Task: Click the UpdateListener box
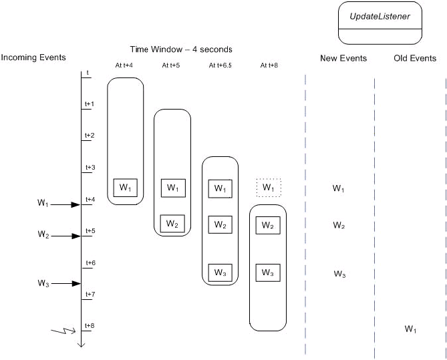click(x=380, y=23)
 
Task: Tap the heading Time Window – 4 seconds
click(x=181, y=49)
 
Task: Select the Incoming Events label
click(x=33, y=57)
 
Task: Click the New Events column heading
click(x=343, y=58)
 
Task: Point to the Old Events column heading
click(x=415, y=58)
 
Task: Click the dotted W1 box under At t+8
click(x=268, y=188)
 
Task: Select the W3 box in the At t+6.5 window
click(x=220, y=273)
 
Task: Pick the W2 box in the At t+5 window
click(x=172, y=223)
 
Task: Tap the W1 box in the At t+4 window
click(x=125, y=188)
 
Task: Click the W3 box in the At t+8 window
click(x=267, y=273)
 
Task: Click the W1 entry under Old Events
click(x=411, y=329)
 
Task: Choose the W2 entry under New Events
click(x=339, y=225)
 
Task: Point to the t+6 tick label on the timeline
click(x=90, y=262)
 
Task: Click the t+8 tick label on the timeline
click(x=90, y=325)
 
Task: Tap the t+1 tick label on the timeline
click(x=90, y=104)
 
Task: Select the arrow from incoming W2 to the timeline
click(x=66, y=236)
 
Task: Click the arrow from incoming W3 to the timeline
click(x=66, y=283)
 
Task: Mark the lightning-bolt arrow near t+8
click(x=66, y=331)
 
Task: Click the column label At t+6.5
click(x=220, y=65)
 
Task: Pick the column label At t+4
click(x=125, y=65)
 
